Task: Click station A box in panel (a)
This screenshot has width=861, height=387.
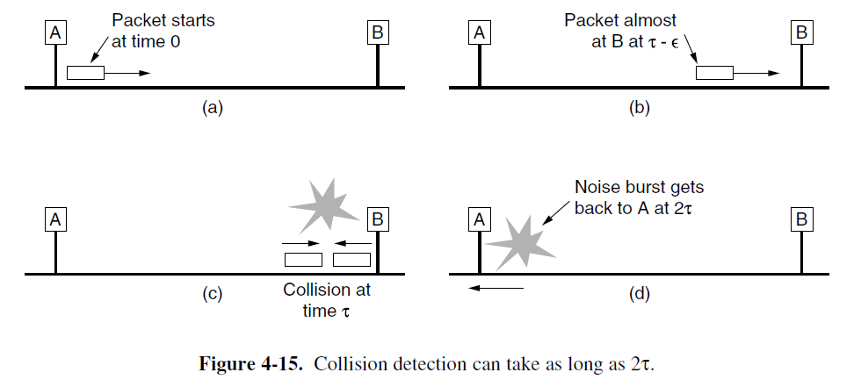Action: (55, 32)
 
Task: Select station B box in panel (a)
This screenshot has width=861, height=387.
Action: (378, 32)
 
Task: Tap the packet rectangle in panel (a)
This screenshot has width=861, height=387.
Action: (85, 74)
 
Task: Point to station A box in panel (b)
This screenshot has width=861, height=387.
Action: (480, 32)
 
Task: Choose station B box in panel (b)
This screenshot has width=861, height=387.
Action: (801, 32)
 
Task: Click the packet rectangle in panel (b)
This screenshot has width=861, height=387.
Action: (714, 74)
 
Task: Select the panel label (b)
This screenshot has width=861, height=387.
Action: (639, 108)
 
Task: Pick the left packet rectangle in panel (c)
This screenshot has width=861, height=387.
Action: (302, 260)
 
